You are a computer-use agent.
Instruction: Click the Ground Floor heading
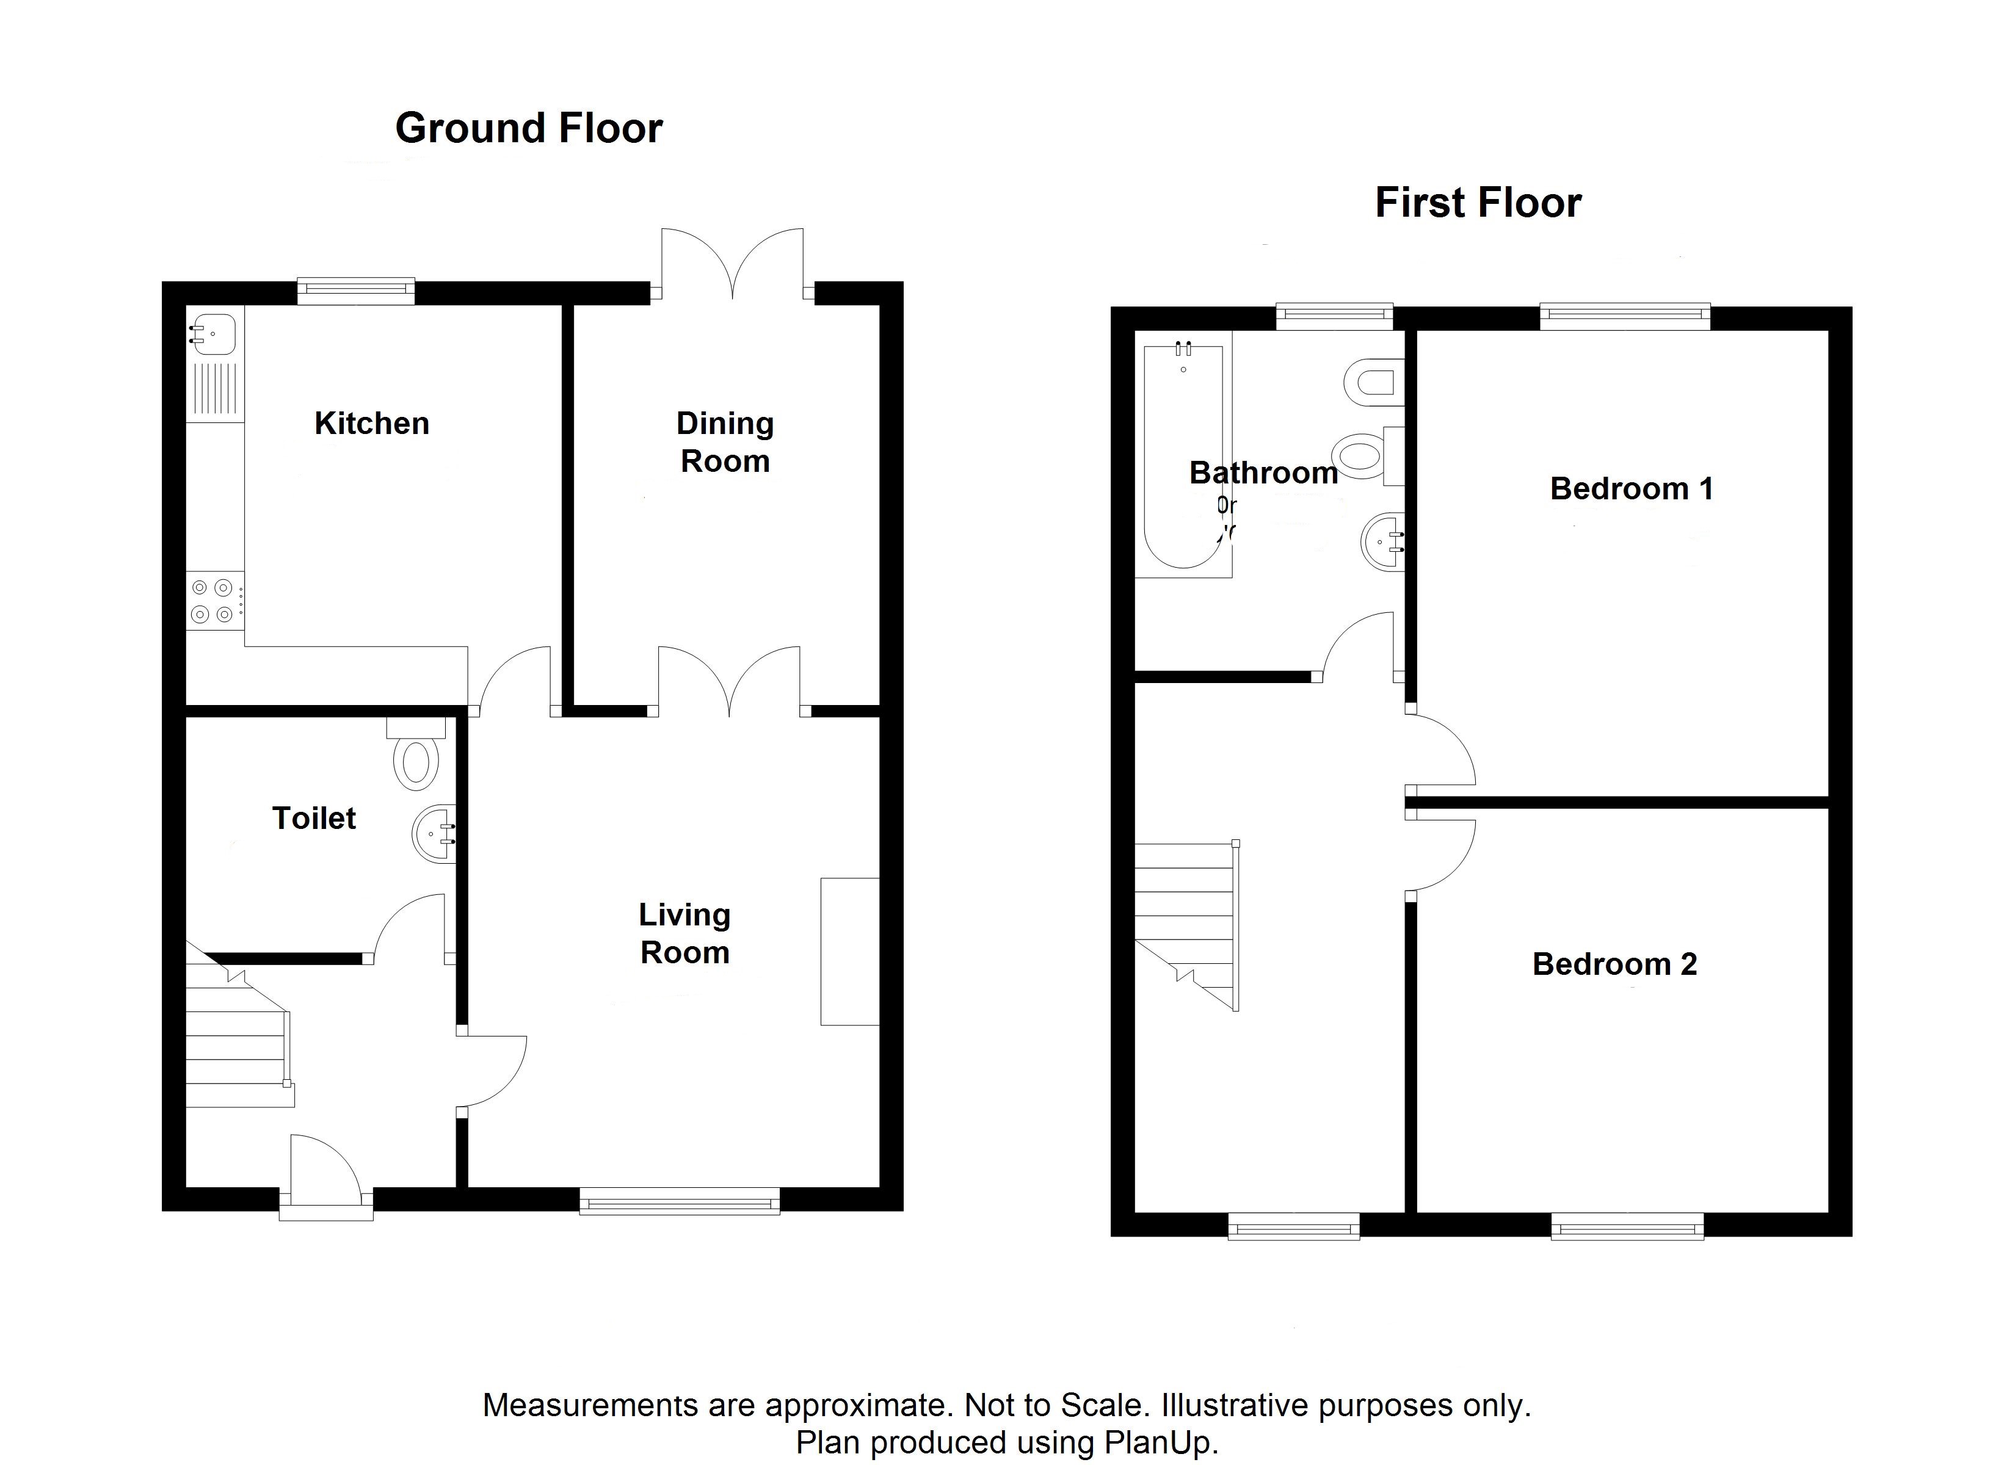529,129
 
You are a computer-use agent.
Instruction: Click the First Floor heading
1478,203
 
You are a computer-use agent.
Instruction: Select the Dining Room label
725,443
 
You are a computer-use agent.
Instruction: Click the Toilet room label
314,818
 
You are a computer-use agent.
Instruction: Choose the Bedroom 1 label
1631,488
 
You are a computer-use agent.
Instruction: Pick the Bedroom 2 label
1614,964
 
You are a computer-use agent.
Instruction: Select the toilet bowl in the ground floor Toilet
416,761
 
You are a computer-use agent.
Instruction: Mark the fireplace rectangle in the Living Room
849,952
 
